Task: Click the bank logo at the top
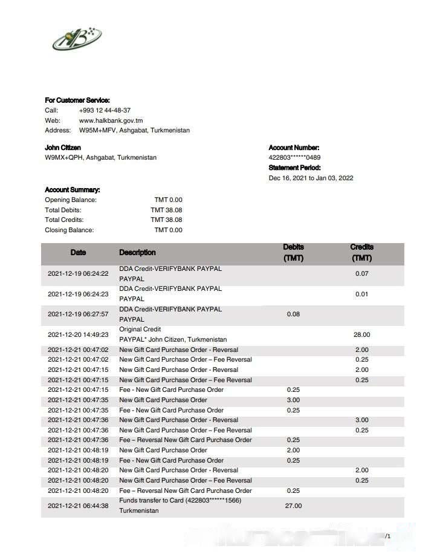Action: [x=77, y=41]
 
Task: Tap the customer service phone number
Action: [x=105, y=110]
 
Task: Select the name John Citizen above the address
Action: [x=63, y=148]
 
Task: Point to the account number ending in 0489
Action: [x=294, y=158]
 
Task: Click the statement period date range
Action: [x=311, y=178]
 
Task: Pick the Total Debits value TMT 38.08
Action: [x=166, y=210]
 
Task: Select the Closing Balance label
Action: [x=70, y=230]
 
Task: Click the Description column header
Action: [x=137, y=252]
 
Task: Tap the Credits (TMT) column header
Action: [x=361, y=252]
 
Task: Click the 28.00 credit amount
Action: [x=361, y=334]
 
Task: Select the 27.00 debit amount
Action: [x=293, y=506]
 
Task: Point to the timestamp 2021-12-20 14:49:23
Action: [x=78, y=334]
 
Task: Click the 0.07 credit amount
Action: [x=361, y=274]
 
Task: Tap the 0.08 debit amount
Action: [x=293, y=314]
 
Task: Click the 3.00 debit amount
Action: [x=293, y=400]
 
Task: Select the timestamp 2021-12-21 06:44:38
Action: [x=78, y=506]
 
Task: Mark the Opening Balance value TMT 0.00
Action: [x=168, y=200]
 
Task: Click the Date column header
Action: [x=78, y=252]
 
